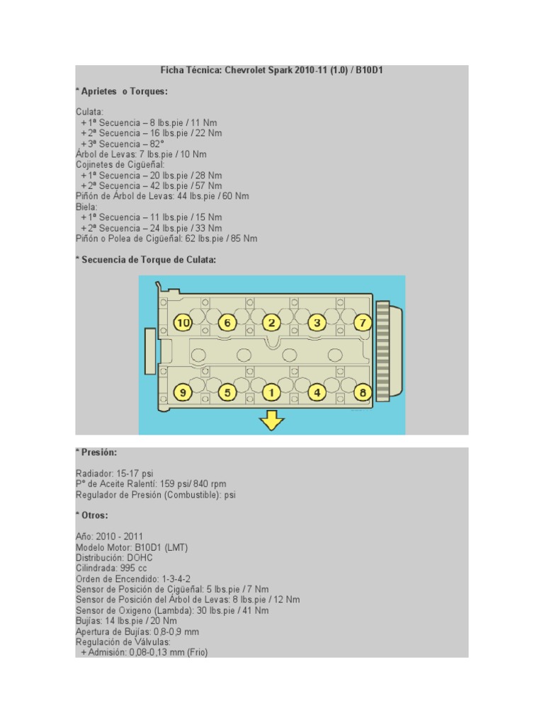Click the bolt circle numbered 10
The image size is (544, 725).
click(x=183, y=323)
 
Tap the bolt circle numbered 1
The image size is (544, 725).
click(x=271, y=392)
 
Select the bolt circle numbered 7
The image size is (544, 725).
click(x=363, y=323)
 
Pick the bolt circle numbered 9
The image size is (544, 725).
click(x=183, y=392)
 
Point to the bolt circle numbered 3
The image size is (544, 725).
click(x=317, y=323)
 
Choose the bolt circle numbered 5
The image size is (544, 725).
click(x=227, y=392)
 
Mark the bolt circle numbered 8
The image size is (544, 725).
click(x=363, y=392)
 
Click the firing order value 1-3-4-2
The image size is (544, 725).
click(x=176, y=579)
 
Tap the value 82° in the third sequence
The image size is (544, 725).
click(x=157, y=144)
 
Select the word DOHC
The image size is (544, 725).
click(x=140, y=558)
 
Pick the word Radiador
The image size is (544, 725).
click(x=94, y=474)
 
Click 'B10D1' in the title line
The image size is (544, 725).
click(x=369, y=70)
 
